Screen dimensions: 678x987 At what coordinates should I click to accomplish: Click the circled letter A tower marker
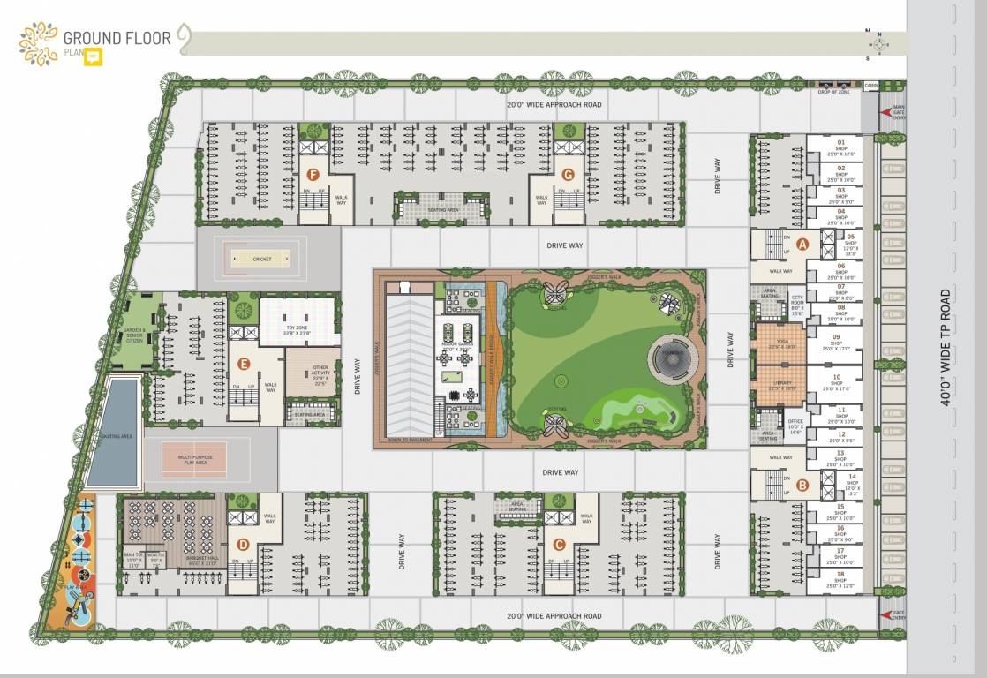pyautogui.click(x=802, y=244)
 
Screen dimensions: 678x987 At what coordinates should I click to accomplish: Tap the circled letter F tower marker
pyautogui.click(x=312, y=174)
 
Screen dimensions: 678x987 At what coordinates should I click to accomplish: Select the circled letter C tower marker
pyautogui.click(x=558, y=544)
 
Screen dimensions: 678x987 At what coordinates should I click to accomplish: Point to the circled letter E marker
pyautogui.click(x=244, y=363)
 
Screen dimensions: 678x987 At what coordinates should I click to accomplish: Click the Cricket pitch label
pyautogui.click(x=261, y=259)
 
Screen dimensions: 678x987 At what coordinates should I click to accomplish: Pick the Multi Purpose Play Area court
pyautogui.click(x=193, y=460)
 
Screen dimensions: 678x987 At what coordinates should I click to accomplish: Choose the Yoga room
pyautogui.click(x=780, y=344)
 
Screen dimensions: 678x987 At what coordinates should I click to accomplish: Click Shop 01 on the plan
pyautogui.click(x=840, y=147)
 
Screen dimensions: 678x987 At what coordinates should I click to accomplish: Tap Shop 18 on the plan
pyautogui.click(x=840, y=579)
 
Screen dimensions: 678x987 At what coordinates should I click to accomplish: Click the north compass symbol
pyautogui.click(x=878, y=42)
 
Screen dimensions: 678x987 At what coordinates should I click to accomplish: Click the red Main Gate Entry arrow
pyautogui.click(x=886, y=112)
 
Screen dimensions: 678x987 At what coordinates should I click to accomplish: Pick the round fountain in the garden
pyautogui.click(x=672, y=358)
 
